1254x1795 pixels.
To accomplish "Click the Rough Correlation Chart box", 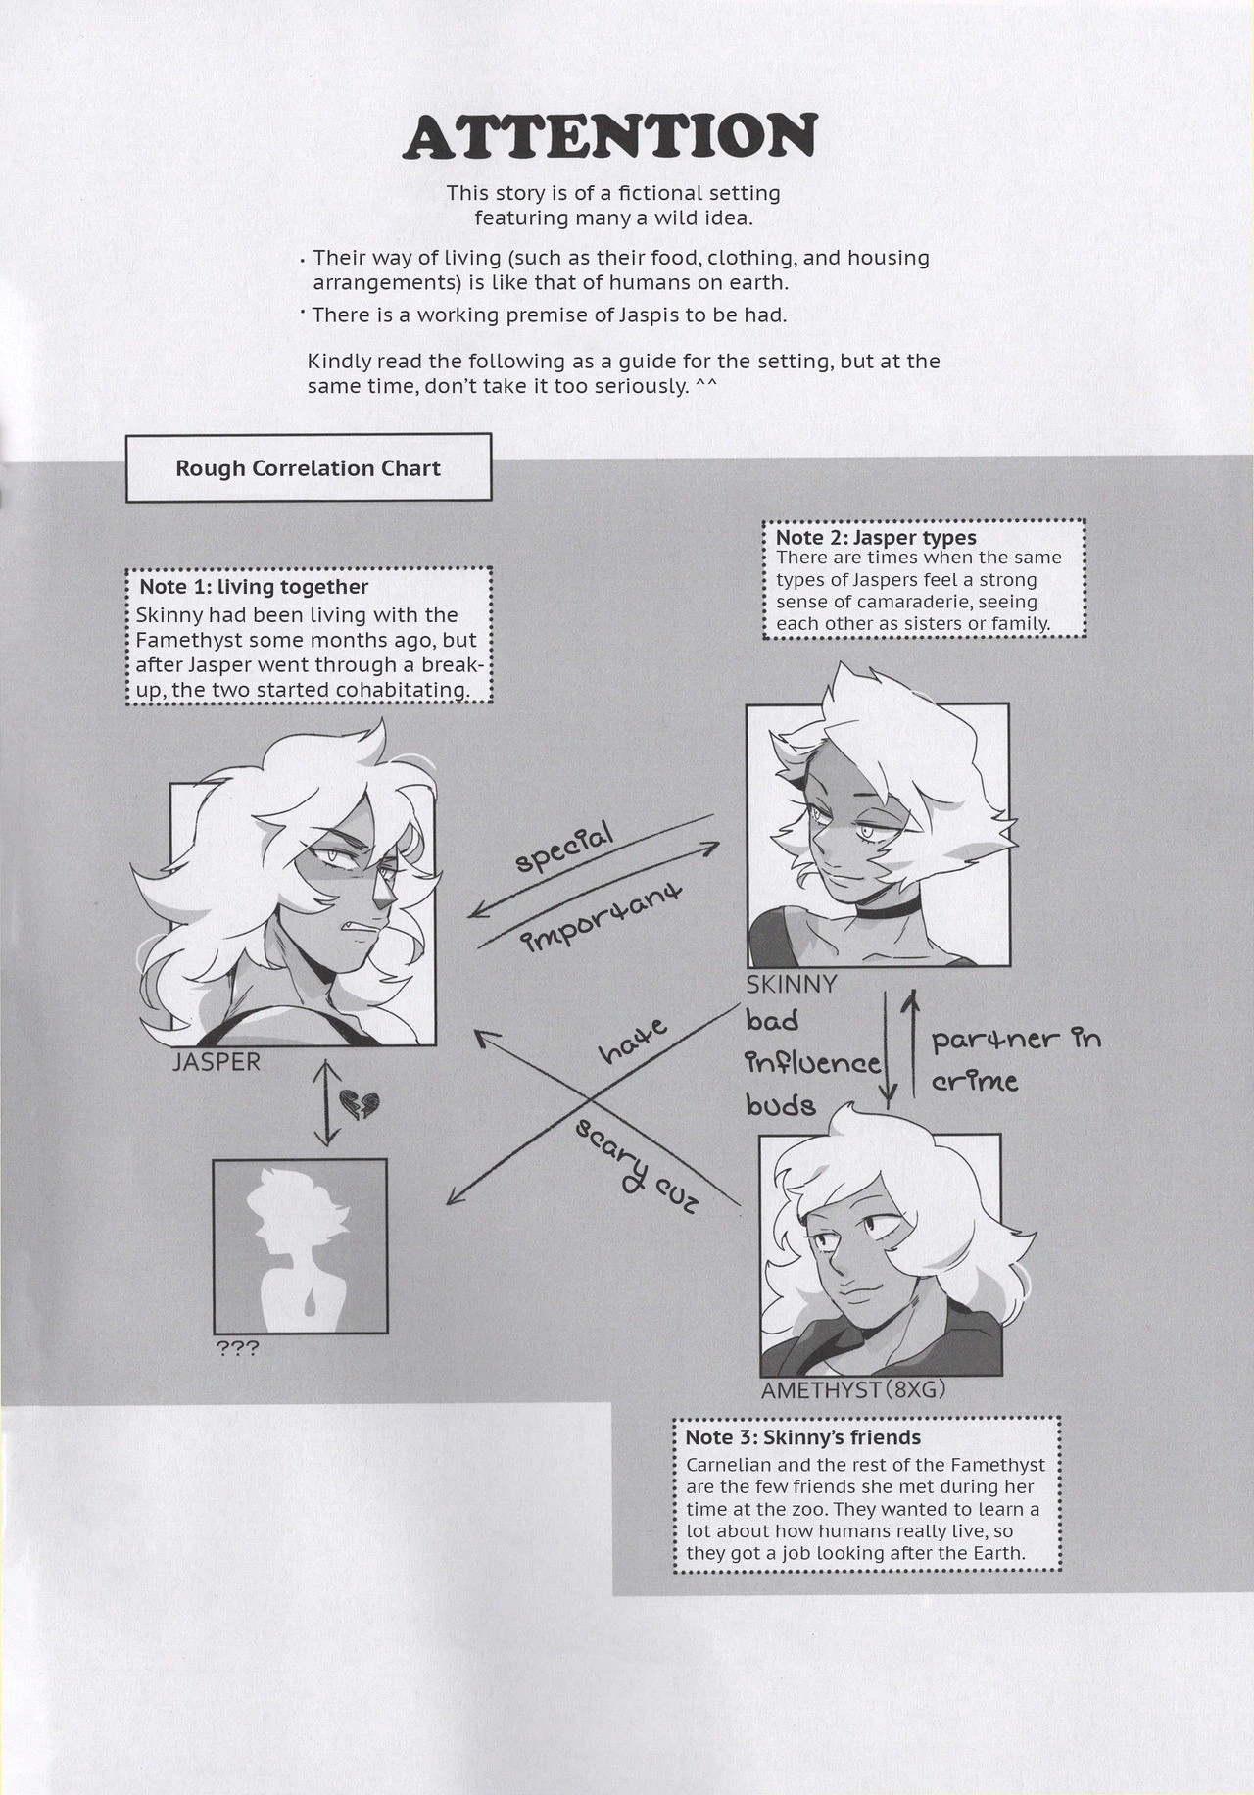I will [x=308, y=468].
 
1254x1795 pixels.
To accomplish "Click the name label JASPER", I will [x=217, y=1061].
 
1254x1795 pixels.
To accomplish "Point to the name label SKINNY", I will [x=792, y=984].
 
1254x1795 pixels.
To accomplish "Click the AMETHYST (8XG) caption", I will [x=853, y=1389].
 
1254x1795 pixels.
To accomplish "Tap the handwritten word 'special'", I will [x=564, y=849].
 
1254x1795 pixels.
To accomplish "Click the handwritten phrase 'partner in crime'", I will [x=1014, y=1059].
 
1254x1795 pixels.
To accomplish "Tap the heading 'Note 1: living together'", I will [x=254, y=587].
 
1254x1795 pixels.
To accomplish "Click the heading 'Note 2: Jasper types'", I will [x=875, y=537].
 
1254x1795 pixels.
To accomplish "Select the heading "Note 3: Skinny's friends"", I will [x=801, y=1437].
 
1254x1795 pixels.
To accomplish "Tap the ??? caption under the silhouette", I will [x=236, y=1349].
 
